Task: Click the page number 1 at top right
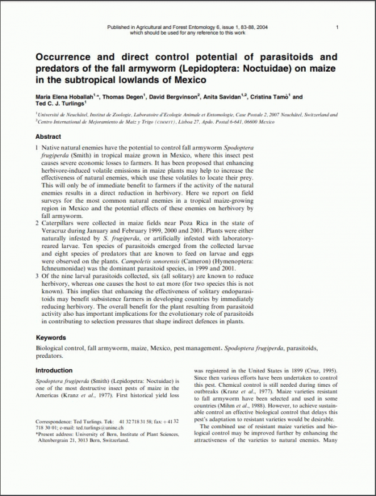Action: [x=337, y=27]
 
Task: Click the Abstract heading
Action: [x=48, y=136]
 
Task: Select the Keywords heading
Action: [x=51, y=337]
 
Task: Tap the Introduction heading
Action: [x=54, y=370]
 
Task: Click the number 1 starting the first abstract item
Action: [x=37, y=146]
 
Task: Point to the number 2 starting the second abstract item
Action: [x=37, y=222]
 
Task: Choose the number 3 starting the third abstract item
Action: [x=37, y=275]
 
